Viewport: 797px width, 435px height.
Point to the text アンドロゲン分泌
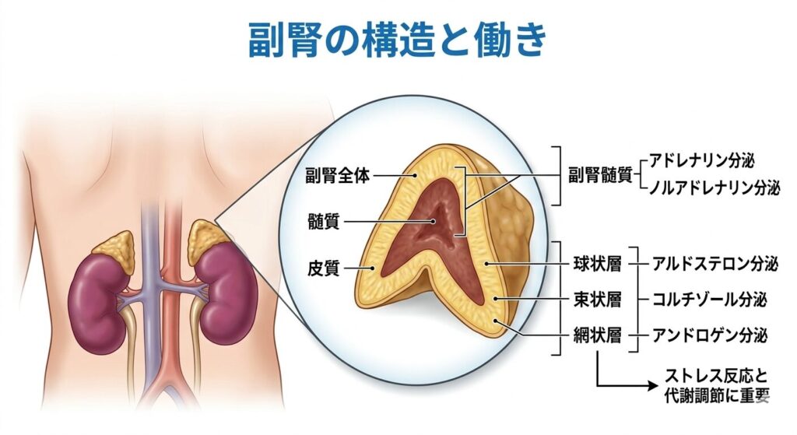point(708,336)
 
